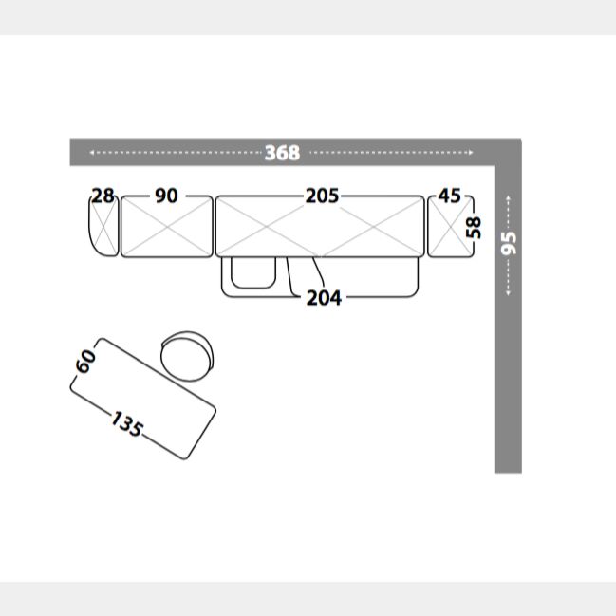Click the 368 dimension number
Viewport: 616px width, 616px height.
click(282, 153)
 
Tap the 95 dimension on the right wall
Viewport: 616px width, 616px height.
click(509, 243)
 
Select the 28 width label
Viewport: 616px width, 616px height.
click(103, 196)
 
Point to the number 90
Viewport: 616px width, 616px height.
click(166, 196)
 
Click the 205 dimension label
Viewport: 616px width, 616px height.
click(322, 196)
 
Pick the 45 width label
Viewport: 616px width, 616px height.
click(450, 196)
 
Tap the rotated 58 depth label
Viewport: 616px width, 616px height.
click(474, 228)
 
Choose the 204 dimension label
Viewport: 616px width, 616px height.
click(324, 298)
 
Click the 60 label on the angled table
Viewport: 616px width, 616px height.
click(85, 362)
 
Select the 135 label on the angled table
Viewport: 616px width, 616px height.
click(126, 424)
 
